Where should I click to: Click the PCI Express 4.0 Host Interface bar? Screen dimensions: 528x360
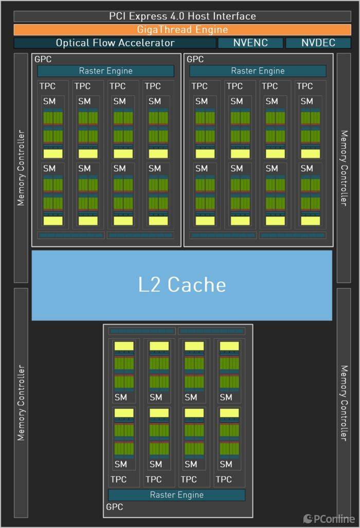pyautogui.click(x=182, y=16)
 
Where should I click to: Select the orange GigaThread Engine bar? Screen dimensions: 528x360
pyautogui.click(x=182, y=30)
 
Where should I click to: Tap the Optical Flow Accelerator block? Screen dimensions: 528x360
pyautogui.click(x=115, y=43)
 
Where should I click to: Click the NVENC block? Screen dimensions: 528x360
pyautogui.click(x=250, y=43)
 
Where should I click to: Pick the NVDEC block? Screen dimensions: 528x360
pyautogui.click(x=318, y=43)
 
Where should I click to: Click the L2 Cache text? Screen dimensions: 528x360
pyautogui.click(x=182, y=284)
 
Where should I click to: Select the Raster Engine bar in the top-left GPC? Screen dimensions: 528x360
pyautogui.click(x=105, y=71)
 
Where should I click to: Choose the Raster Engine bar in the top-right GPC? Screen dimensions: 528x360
pyautogui.click(x=258, y=71)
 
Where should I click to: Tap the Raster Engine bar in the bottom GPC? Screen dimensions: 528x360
pyautogui.click(x=176, y=495)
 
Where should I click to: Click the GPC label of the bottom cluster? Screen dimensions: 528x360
pyautogui.click(x=115, y=507)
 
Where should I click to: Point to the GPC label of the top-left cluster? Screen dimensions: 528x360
pyautogui.click(x=43, y=60)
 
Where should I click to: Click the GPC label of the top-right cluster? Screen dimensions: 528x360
pyautogui.click(x=195, y=60)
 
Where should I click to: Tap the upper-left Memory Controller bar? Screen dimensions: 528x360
pyautogui.click(x=21, y=168)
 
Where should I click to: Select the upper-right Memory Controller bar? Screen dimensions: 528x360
pyautogui.click(x=344, y=168)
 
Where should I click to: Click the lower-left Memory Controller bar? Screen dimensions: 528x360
pyautogui.click(x=21, y=403)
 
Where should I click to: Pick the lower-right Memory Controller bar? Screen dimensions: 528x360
pyautogui.click(x=344, y=403)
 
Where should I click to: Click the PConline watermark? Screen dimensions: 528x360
pyautogui.click(x=329, y=519)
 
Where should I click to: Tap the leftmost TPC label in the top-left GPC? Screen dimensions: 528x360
pyautogui.click(x=48, y=86)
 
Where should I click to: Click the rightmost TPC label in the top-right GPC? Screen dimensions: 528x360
pyautogui.click(x=305, y=86)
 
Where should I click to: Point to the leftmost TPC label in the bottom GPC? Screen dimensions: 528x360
pyautogui.click(x=118, y=479)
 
